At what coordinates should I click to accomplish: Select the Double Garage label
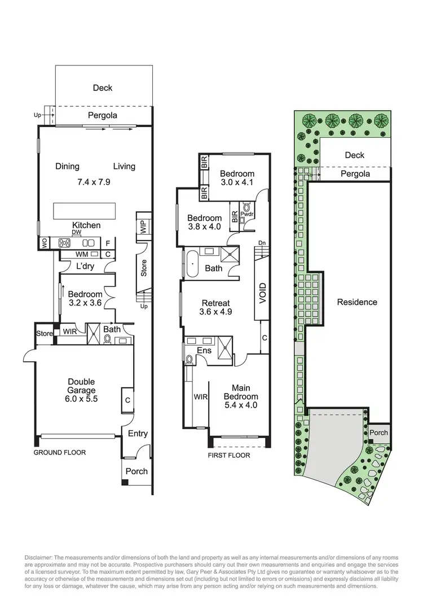point(81,386)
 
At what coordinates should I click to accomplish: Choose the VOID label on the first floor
point(262,294)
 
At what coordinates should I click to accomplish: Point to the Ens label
point(204,351)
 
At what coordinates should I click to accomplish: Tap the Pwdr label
point(247,215)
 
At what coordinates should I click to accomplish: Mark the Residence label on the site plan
point(357,302)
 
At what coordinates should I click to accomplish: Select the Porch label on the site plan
point(379,433)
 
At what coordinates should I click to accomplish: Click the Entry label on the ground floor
point(138,434)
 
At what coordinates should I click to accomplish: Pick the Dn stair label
point(261,243)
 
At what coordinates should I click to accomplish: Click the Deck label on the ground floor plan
point(103,88)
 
